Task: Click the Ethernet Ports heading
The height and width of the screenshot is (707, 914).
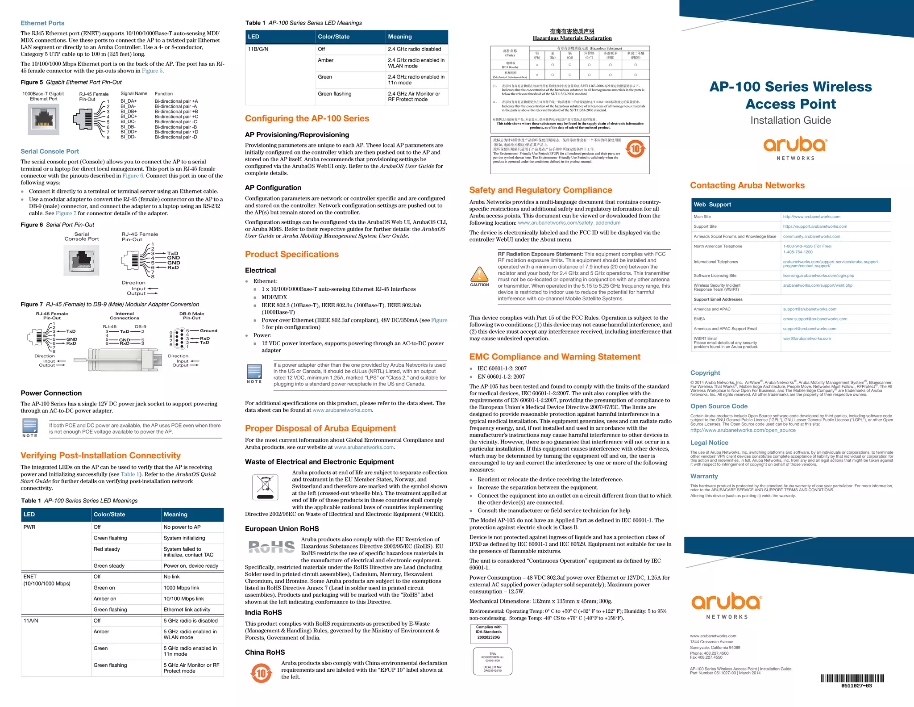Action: click(x=42, y=23)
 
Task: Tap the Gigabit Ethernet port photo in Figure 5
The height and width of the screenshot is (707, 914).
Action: click(x=43, y=119)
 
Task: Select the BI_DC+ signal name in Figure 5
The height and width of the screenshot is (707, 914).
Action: click(x=129, y=117)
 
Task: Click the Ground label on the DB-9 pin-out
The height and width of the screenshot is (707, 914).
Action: click(x=208, y=330)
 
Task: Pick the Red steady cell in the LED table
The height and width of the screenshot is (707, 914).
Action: click(x=107, y=549)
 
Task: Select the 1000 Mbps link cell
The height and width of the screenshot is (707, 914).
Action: click(x=181, y=588)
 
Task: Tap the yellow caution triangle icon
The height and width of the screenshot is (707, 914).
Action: click(x=479, y=274)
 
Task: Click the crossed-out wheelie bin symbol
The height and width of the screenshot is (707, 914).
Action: click(x=265, y=487)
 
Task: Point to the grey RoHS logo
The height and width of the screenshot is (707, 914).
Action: click(x=271, y=547)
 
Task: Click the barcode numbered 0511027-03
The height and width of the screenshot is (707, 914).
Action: click(x=852, y=680)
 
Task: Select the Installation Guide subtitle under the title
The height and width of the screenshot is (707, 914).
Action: click(x=790, y=120)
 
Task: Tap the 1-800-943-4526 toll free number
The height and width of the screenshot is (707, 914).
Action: click(x=807, y=246)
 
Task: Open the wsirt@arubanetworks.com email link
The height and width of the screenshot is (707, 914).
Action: click(x=806, y=339)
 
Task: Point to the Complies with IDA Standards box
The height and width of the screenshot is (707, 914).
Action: click(x=489, y=632)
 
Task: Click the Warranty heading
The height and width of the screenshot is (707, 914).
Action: click(x=704, y=476)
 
